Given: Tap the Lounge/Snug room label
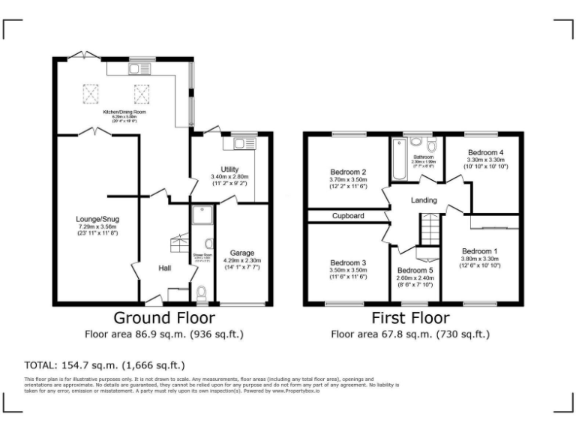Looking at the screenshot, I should point(97,220).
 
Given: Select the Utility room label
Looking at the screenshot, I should point(229,169).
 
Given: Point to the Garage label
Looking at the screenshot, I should point(242,253).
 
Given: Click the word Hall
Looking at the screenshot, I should point(166,268).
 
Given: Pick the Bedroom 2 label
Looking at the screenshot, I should point(348,172).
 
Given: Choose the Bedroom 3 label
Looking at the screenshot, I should point(348,262).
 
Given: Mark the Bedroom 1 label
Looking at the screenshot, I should point(479,251).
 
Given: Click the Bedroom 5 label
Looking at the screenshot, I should point(415,271).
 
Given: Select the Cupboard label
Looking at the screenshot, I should point(348,216).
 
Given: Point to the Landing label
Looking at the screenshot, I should point(424,201).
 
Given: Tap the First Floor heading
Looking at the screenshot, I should point(410,317).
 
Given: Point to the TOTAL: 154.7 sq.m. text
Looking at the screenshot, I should point(105,366).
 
